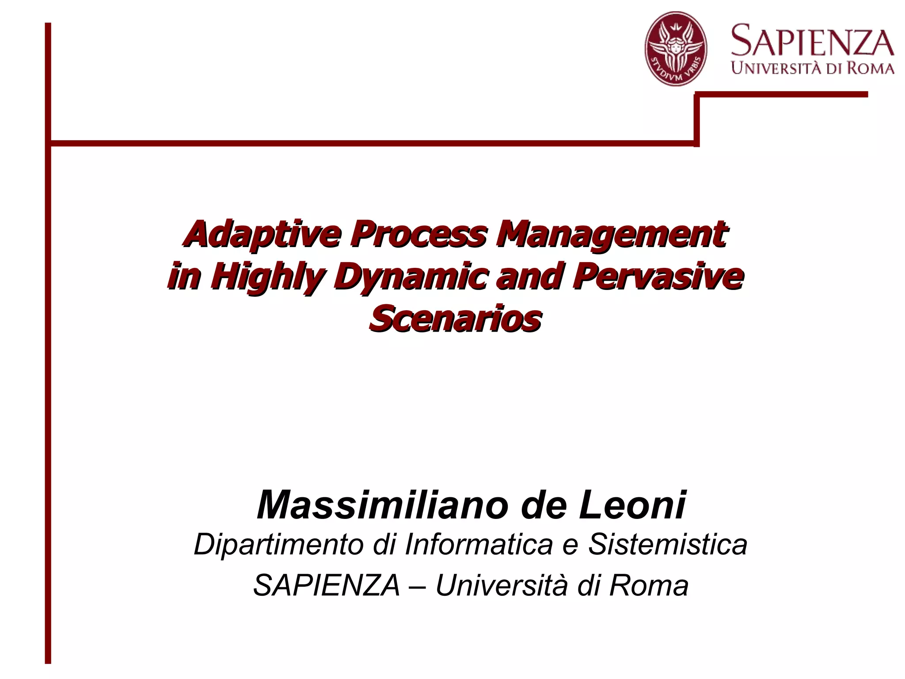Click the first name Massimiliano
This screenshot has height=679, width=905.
(x=380, y=505)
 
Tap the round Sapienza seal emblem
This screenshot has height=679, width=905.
(x=675, y=49)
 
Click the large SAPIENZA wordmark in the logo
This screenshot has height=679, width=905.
(x=812, y=42)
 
